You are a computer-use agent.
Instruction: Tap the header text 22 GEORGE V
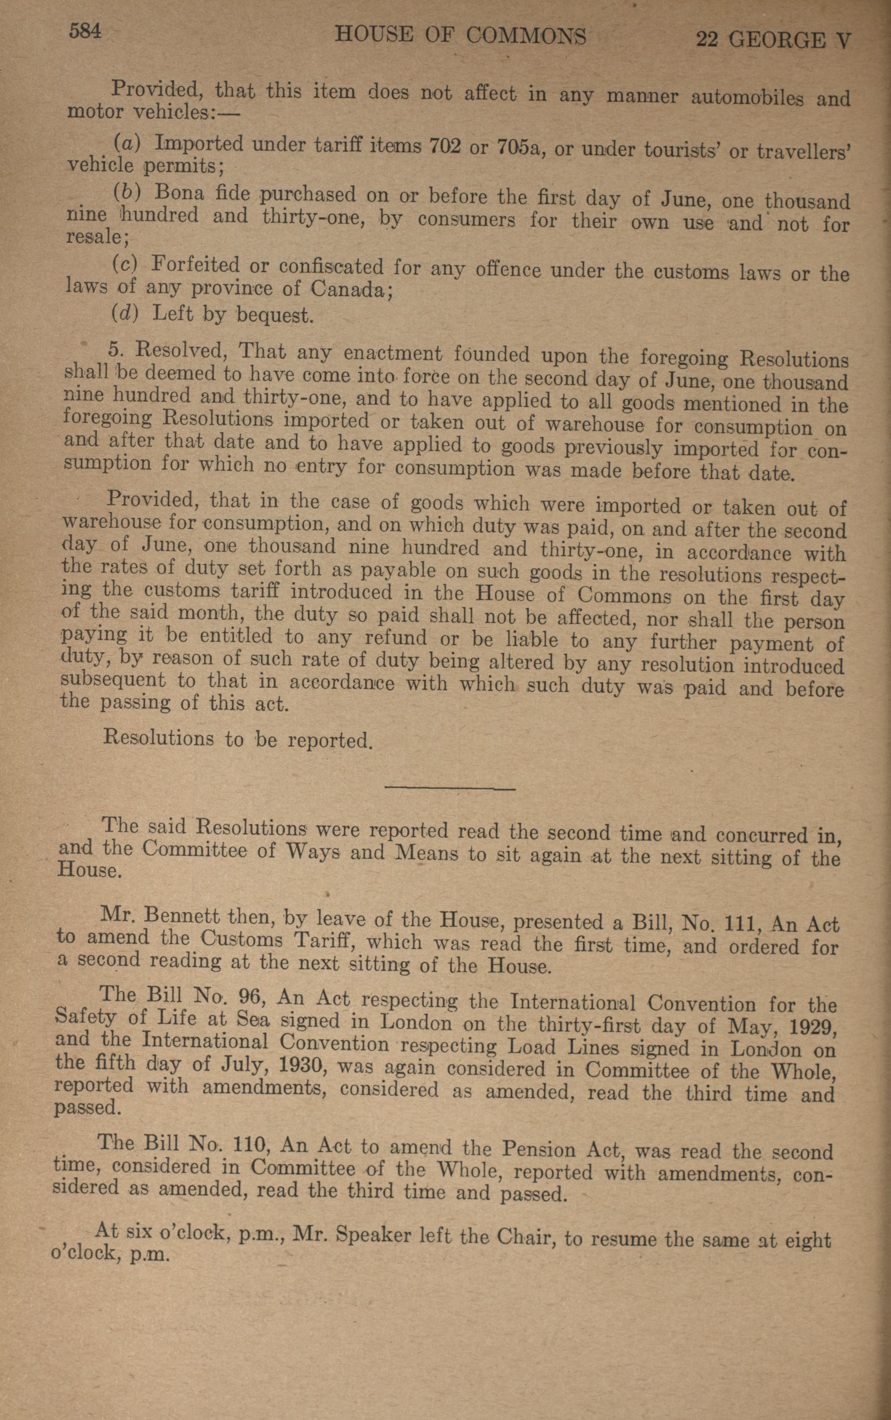pos(773,40)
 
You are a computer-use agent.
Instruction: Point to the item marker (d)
pos(124,312)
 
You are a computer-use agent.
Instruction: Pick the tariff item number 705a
pos(519,147)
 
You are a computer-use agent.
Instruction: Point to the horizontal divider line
pos(450,788)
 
